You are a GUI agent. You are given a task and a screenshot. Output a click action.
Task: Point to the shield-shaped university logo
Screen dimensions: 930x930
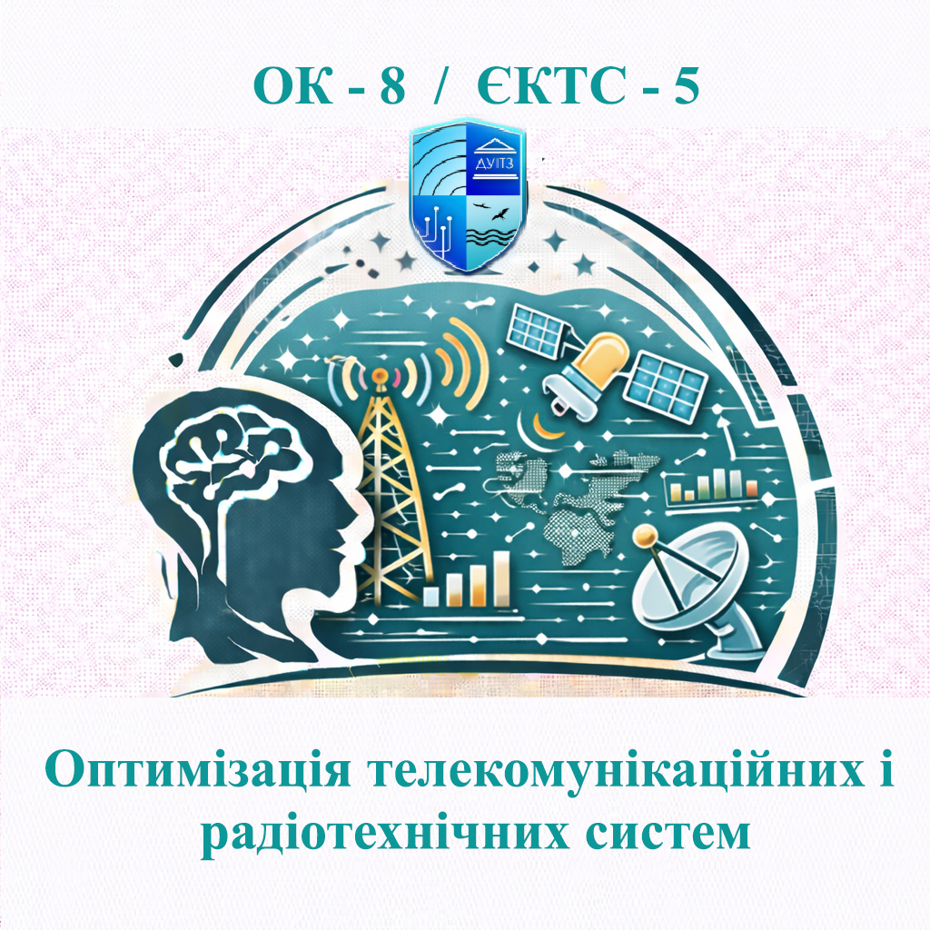467,196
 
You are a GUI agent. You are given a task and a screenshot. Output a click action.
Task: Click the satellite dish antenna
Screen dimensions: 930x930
690,581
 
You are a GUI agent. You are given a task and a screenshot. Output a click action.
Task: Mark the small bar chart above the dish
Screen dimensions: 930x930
714,485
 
